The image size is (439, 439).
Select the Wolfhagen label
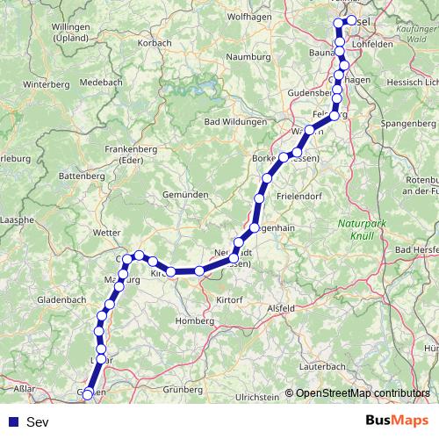248,17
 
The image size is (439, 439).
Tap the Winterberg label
46,85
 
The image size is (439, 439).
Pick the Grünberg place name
183,388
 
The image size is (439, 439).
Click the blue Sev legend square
12,422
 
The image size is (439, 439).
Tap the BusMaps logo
397,421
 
